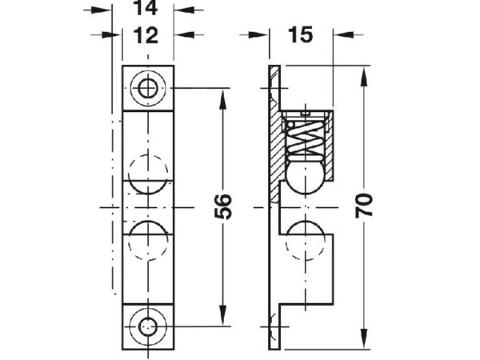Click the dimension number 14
pos(146,8)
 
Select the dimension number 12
pos(146,35)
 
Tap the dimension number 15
pos(301,34)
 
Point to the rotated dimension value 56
pos(223,206)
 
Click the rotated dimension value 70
pos(364,206)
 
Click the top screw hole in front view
pos(148,88)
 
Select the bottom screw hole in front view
pos(148,327)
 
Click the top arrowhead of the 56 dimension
pos(223,98)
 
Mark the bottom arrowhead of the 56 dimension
pos(223,316)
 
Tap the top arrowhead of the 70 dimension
pos(364,77)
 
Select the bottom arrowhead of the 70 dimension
pos(364,338)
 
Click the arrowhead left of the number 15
pos(258,35)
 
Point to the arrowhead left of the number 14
pos(102,10)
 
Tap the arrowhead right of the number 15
pos(343,35)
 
